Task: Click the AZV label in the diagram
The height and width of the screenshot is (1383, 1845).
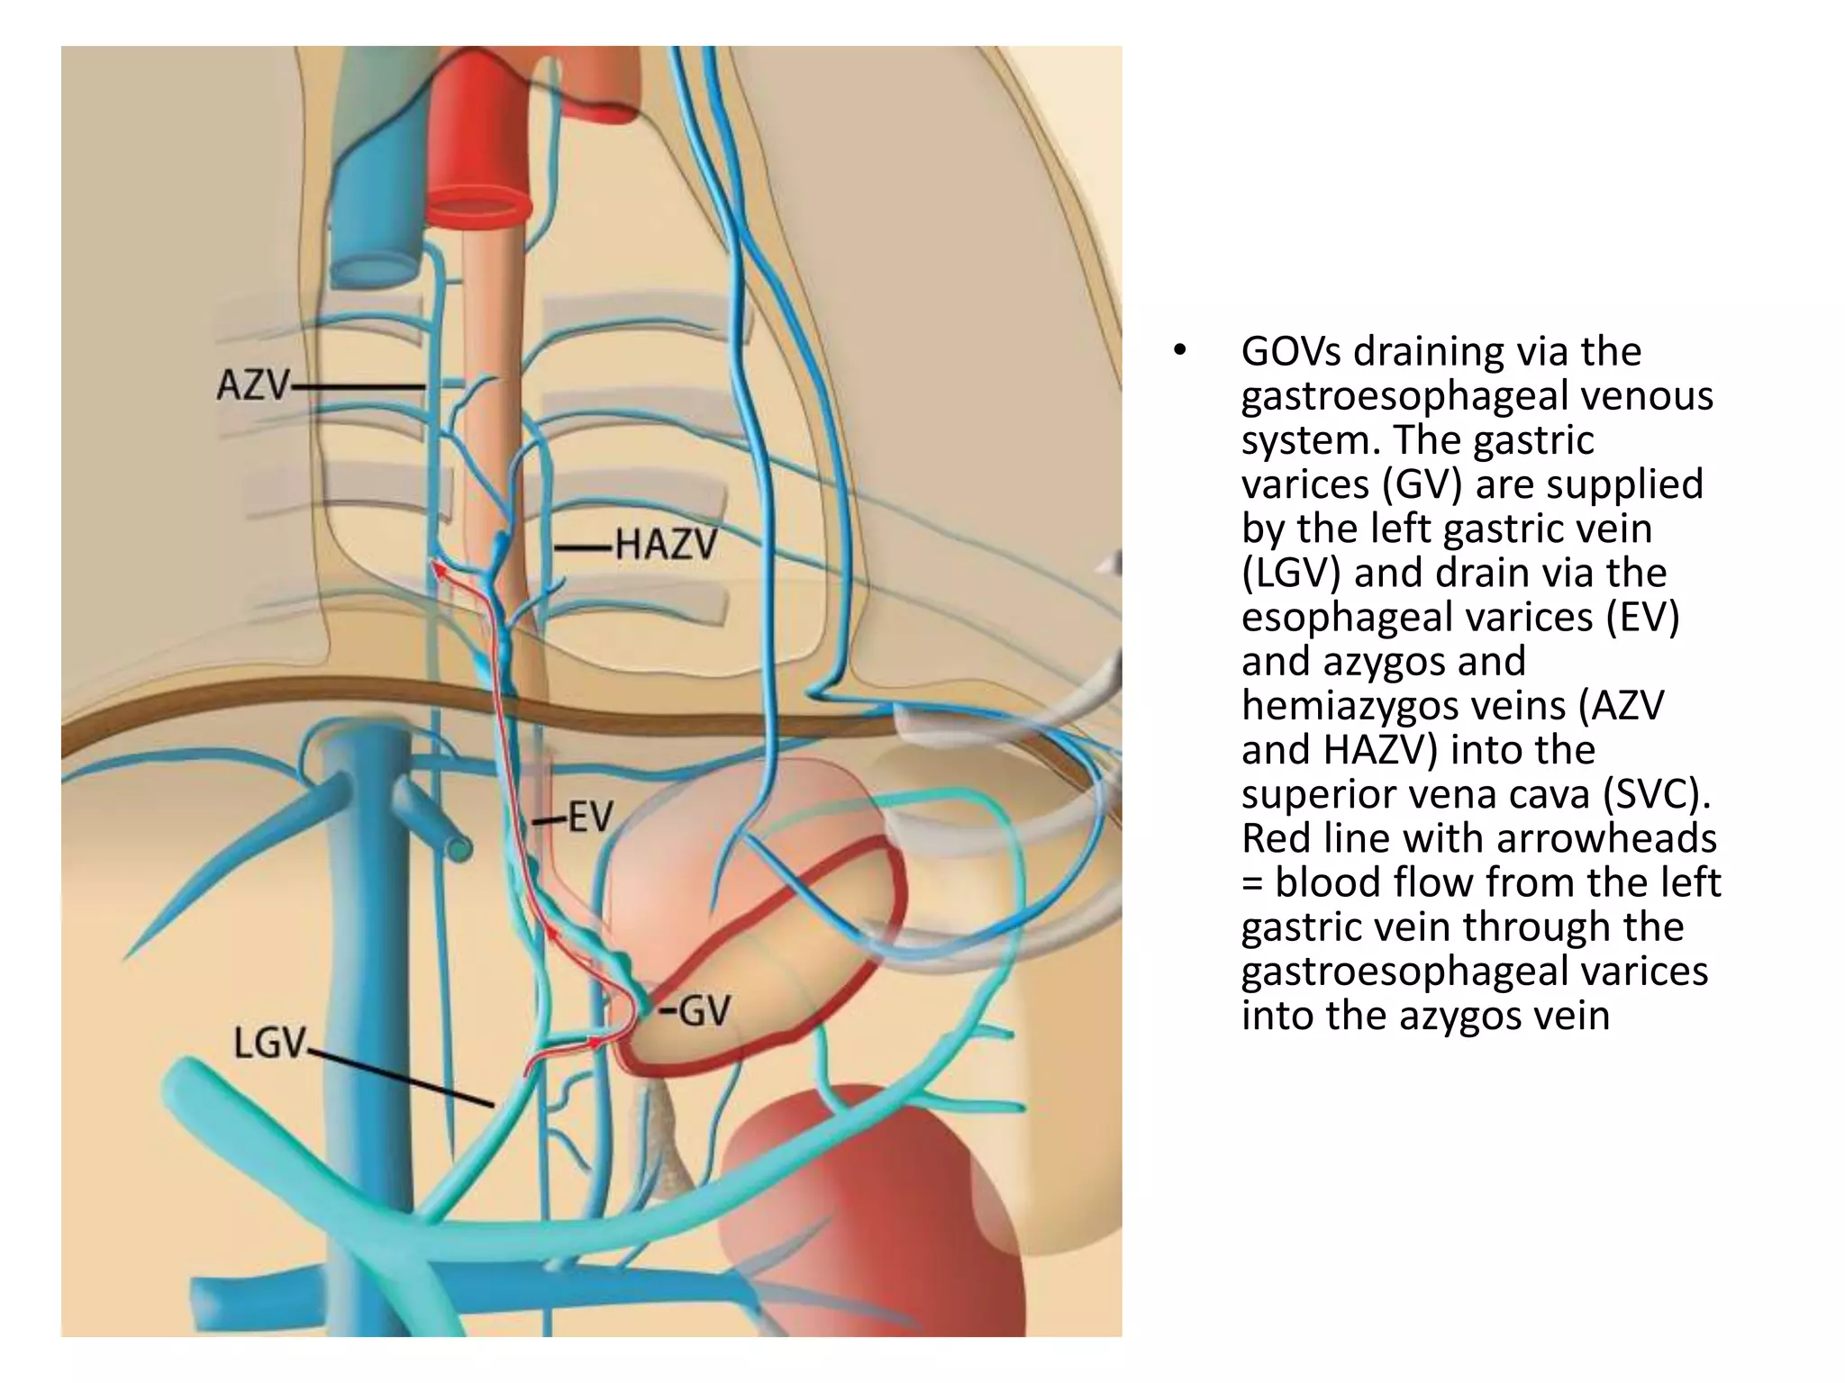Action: [253, 386]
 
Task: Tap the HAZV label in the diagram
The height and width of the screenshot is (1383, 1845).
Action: [667, 545]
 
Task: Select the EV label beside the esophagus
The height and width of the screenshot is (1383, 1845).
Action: [590, 818]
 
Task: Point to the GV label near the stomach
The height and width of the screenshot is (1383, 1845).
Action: [704, 1011]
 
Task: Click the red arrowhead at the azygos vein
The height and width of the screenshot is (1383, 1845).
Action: [438, 569]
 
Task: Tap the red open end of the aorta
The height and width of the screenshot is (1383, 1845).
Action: [477, 208]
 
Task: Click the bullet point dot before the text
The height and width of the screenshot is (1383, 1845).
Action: [1180, 351]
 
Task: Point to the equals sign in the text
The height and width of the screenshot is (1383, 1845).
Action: [1252, 883]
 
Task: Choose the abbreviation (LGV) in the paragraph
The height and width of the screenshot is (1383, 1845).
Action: [1291, 574]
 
